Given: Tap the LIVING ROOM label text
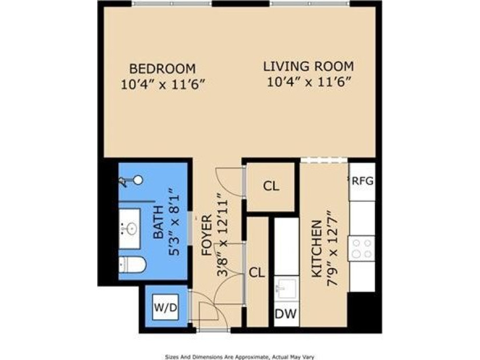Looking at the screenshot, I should click(308, 66).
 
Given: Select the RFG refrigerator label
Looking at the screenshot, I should click(363, 181).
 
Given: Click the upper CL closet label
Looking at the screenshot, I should click(271, 186).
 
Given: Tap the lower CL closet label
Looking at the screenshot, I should click(257, 273).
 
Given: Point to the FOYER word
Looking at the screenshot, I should click(207, 234).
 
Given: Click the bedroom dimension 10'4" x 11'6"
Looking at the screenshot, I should click(162, 84).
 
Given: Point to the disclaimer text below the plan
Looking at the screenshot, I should click(239, 355).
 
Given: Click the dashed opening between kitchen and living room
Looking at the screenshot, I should click(324, 161).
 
